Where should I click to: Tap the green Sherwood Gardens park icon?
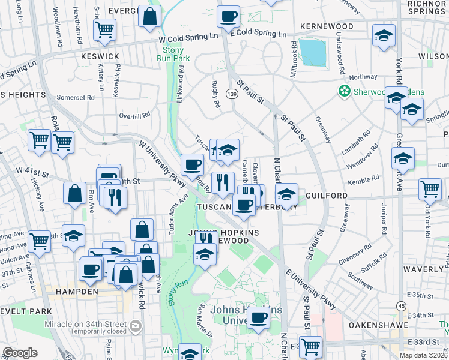(345, 92)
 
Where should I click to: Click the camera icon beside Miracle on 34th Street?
(136, 326)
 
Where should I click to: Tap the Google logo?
(20, 352)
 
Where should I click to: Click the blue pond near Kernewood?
(313, 52)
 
